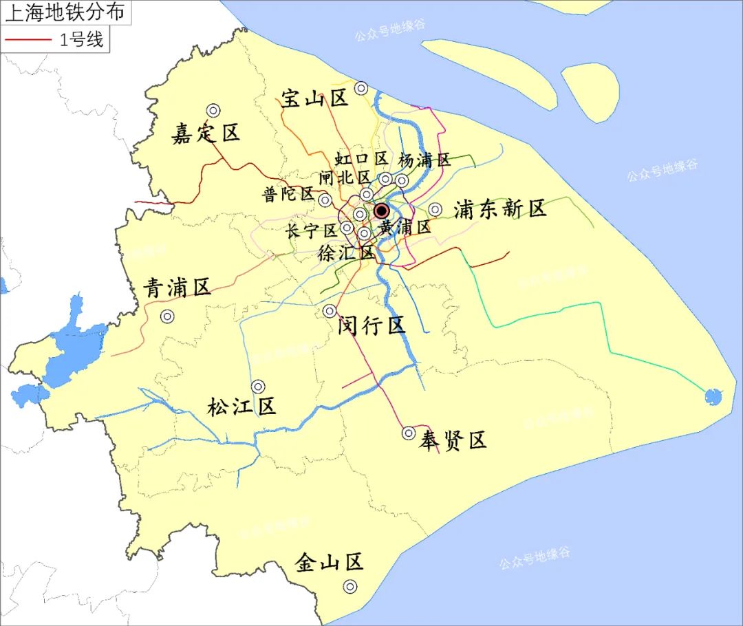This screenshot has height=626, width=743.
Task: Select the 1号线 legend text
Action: [80, 40]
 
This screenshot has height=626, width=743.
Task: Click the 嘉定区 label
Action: [206, 133]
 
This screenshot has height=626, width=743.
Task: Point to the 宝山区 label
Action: [314, 98]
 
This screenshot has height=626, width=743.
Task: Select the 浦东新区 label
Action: [499, 209]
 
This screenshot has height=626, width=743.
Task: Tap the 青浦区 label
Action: [177, 288]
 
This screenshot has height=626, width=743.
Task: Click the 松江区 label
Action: [241, 407]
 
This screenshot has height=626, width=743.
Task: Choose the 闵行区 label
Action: [371, 325]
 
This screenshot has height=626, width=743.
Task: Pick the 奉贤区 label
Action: [453, 440]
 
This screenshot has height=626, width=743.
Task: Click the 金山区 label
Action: [329, 563]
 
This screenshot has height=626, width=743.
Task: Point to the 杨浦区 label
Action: [424, 160]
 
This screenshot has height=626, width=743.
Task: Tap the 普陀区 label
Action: [288, 194]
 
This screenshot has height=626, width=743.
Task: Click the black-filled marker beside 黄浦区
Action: [381, 211]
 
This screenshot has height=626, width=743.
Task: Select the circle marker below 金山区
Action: [350, 587]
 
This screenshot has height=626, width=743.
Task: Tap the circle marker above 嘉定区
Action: [213, 110]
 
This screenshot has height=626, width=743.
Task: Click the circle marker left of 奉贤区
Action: [409, 433]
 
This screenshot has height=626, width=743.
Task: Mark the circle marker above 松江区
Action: [258, 387]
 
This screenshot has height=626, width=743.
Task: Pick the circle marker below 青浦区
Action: [167, 316]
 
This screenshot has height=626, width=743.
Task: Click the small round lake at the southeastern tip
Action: [713, 396]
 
